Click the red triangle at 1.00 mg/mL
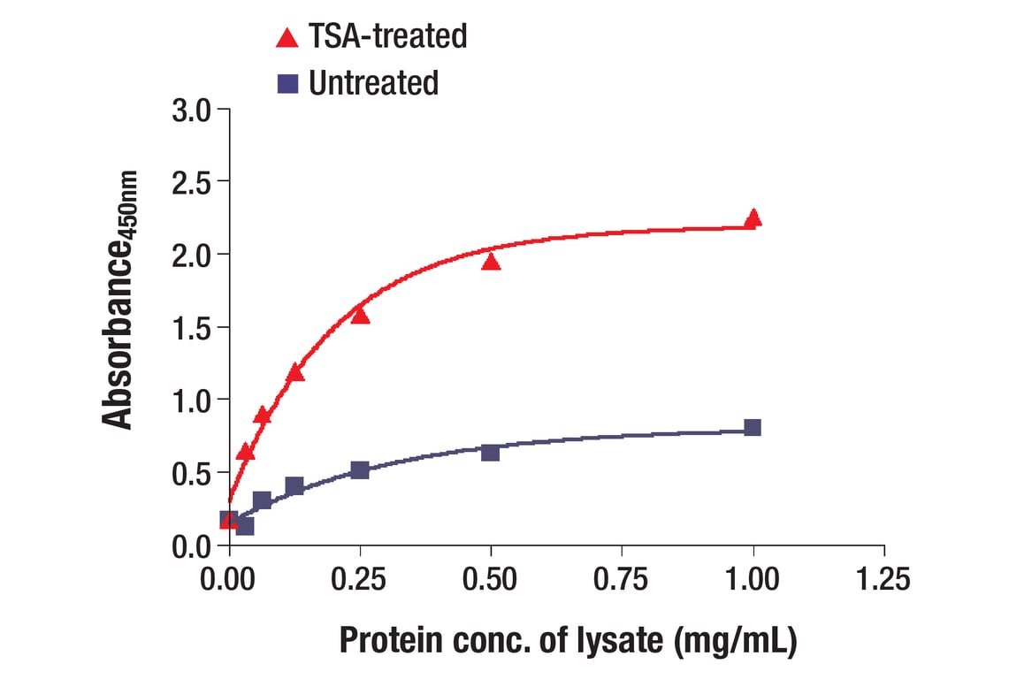[x=753, y=218]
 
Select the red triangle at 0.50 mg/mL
[x=491, y=261]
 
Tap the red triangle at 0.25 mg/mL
[x=360, y=315]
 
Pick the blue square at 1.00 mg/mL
[x=753, y=428]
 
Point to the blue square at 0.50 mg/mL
[x=491, y=452]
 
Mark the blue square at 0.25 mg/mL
[x=360, y=469]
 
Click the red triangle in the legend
[x=287, y=37]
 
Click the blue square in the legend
[x=287, y=83]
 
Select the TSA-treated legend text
[x=387, y=36]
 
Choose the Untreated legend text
[x=374, y=83]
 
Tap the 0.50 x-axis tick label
[x=491, y=580]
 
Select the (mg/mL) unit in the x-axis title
[x=736, y=641]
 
